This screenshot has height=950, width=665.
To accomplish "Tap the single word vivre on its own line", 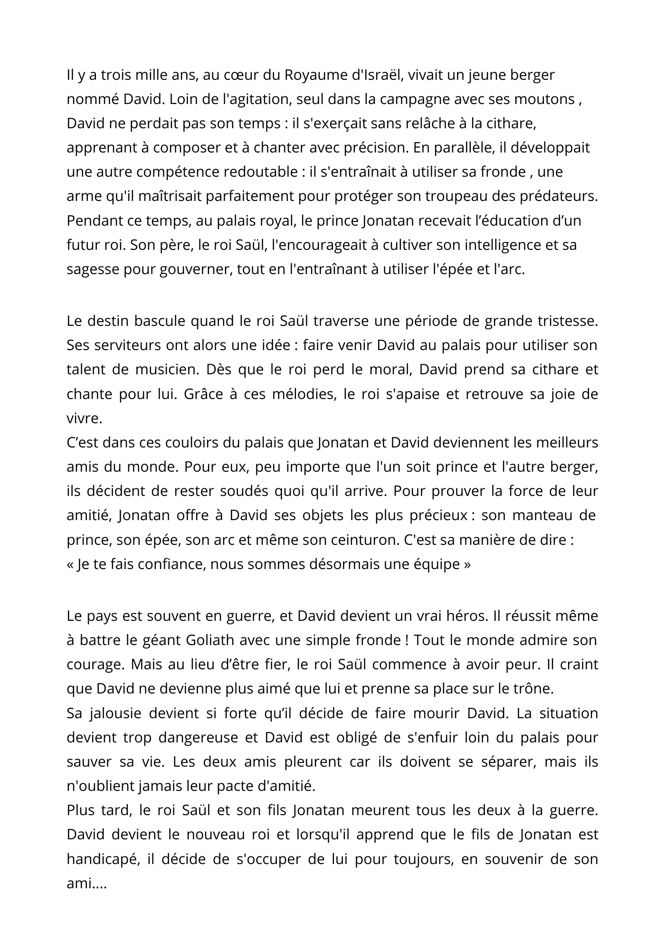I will pyautogui.click(x=84, y=418).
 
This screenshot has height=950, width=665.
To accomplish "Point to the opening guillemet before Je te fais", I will pyautogui.click(x=70, y=565).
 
